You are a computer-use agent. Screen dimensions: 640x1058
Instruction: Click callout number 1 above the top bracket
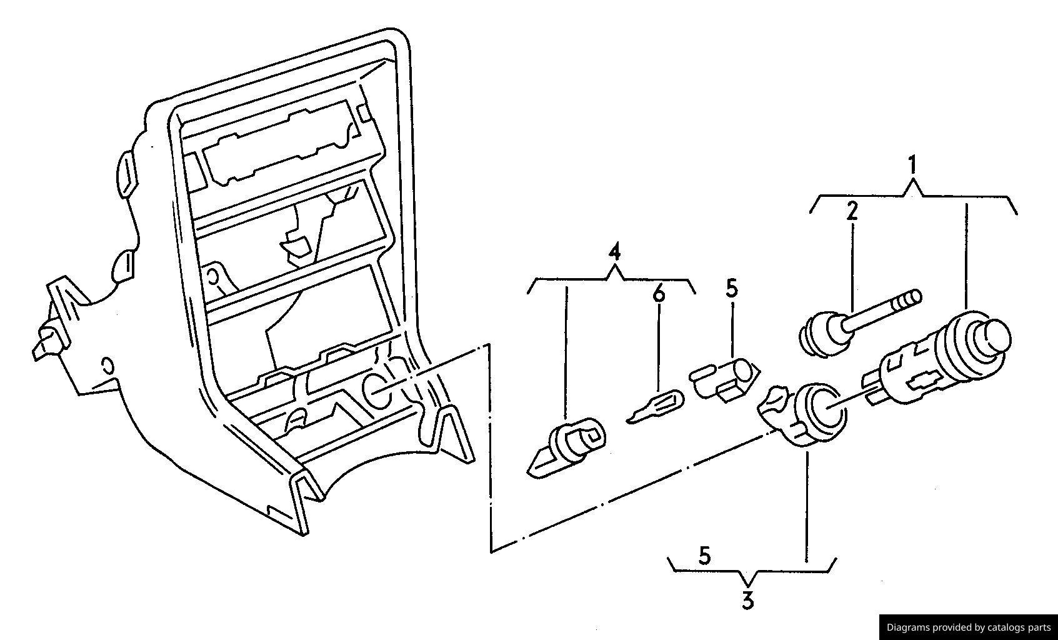pyautogui.click(x=913, y=166)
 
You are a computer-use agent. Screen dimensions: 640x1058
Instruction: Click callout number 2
pyautogui.click(x=852, y=211)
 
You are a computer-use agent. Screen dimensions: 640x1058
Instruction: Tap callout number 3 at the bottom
pyautogui.click(x=747, y=600)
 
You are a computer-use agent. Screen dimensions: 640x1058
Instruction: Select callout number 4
pyautogui.click(x=615, y=252)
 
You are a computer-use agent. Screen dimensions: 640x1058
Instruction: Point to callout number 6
pyautogui.click(x=659, y=294)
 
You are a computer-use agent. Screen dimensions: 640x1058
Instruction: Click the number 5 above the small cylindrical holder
pyautogui.click(x=732, y=289)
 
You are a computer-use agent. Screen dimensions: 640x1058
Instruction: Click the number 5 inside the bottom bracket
pyautogui.click(x=704, y=556)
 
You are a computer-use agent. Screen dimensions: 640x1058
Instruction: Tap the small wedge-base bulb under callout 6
pyautogui.click(x=654, y=407)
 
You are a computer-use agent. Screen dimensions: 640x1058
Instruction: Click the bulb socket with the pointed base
pyautogui.click(x=566, y=447)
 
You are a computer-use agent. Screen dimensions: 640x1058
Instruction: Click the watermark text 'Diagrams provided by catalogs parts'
pyautogui.click(x=969, y=627)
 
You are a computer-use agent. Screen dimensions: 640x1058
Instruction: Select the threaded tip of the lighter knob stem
pyautogui.click(x=909, y=299)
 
